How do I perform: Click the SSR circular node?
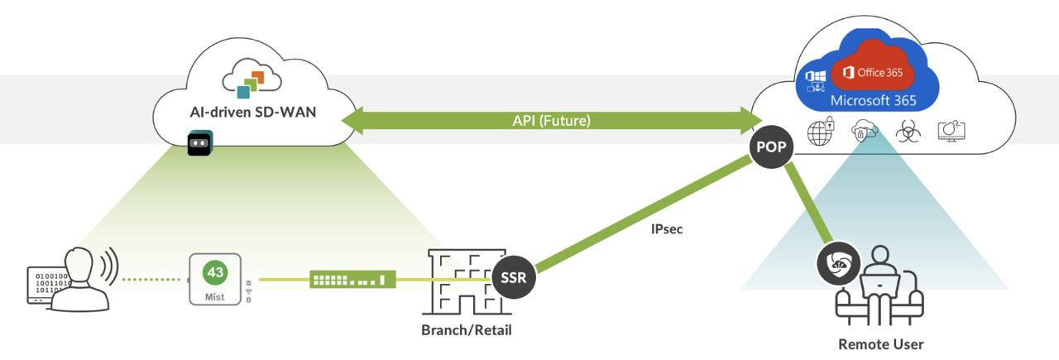pyautogui.click(x=513, y=278)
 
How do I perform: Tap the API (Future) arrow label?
pyautogui.click(x=550, y=121)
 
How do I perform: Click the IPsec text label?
pyautogui.click(x=667, y=228)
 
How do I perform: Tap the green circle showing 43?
pyautogui.click(x=215, y=272)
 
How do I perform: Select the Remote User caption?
pyautogui.click(x=880, y=343)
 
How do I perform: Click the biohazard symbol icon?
pyautogui.click(x=908, y=132)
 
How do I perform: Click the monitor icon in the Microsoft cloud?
pyautogui.click(x=951, y=132)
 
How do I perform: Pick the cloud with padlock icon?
pyautogui.click(x=864, y=132)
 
